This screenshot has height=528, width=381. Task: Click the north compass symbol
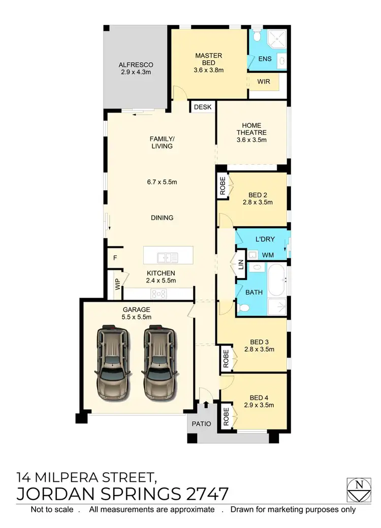[359, 490]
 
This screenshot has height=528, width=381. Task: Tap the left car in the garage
[111, 363]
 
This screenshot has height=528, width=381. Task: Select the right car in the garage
[159, 363]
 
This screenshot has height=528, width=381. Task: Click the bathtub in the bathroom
[277, 279]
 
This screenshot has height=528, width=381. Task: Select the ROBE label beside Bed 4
[226, 416]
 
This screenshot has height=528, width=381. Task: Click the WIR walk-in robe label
[264, 82]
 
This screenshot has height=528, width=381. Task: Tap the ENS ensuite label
[265, 59]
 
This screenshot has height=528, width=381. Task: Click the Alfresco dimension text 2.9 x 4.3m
[136, 73]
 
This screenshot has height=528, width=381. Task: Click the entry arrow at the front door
[206, 405]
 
